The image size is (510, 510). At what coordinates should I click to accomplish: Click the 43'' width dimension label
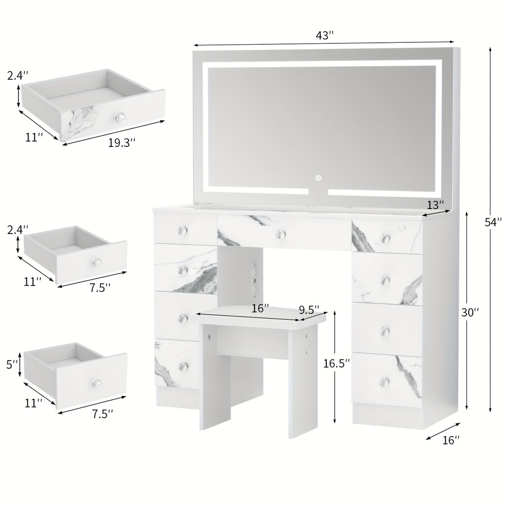click(x=324, y=35)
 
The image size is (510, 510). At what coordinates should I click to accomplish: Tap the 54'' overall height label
click(x=493, y=222)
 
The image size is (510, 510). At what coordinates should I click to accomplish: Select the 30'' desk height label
click(x=470, y=312)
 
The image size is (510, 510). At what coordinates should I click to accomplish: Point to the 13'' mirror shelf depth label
click(x=435, y=205)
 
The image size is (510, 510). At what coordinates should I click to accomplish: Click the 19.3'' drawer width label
click(x=122, y=142)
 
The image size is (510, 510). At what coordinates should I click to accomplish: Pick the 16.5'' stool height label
click(x=337, y=363)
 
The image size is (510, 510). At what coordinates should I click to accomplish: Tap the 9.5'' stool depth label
click(x=309, y=309)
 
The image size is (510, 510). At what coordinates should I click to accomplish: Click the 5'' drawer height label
click(x=12, y=364)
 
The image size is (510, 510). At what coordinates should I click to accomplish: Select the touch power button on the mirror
click(x=318, y=178)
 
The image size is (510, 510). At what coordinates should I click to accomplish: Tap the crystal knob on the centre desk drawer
click(x=280, y=234)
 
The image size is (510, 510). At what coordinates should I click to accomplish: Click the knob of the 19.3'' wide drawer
click(x=119, y=117)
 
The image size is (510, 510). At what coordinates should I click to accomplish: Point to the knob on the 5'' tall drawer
click(x=96, y=383)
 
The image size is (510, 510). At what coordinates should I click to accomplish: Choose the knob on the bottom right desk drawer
click(x=385, y=381)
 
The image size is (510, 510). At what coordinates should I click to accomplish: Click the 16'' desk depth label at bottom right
click(x=451, y=440)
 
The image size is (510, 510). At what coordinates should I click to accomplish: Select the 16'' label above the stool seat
click(x=260, y=308)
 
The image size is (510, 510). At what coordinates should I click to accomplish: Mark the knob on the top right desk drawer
click(x=385, y=238)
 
